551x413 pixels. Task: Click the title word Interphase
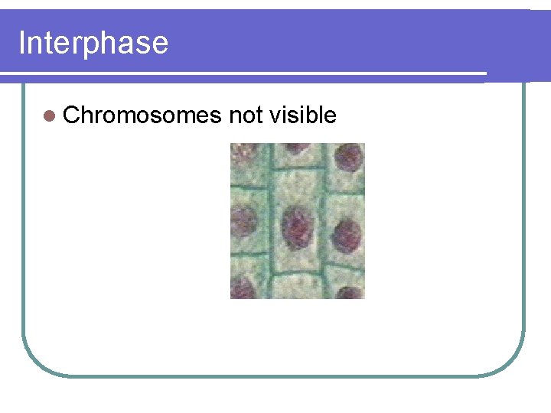coord(93,43)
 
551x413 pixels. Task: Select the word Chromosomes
coord(142,115)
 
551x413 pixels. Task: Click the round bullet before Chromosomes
coord(51,116)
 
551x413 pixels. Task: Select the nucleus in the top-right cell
coord(349,158)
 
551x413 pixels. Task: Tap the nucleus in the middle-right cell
coord(347,233)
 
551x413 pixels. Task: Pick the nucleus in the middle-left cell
coord(244,222)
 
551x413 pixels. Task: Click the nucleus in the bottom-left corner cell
coord(243,288)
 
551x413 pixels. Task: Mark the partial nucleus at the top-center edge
coord(297,147)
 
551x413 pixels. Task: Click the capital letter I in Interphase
coord(21,43)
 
